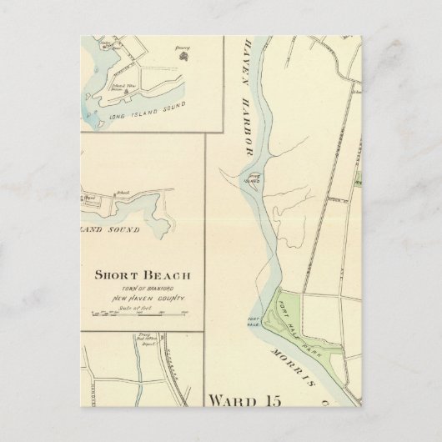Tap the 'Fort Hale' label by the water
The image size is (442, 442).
(256, 324)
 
